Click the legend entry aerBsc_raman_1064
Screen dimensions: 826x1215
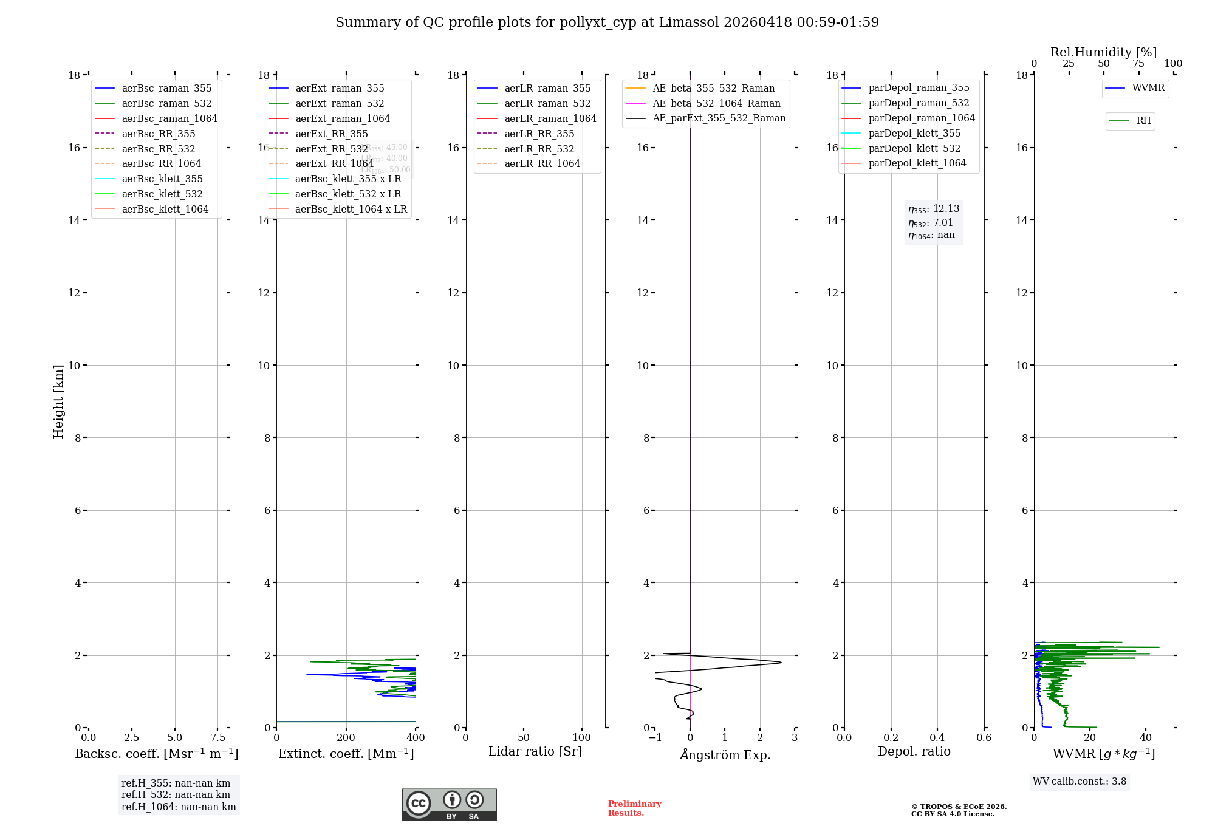169,118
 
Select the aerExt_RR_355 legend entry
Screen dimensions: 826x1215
331,134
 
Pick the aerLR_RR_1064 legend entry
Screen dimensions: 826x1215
542,163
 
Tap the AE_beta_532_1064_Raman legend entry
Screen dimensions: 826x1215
716,103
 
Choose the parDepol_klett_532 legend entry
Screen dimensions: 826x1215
914,148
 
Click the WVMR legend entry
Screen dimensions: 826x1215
1148,88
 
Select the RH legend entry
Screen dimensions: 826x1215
1143,121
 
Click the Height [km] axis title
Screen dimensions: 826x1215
58,401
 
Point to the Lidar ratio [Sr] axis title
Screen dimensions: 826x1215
535,751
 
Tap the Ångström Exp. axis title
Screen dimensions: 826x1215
725,754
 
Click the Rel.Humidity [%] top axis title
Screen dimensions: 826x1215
1103,52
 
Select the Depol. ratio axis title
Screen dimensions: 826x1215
914,751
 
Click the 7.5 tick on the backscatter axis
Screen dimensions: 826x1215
218,737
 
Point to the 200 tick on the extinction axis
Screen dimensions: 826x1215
346,737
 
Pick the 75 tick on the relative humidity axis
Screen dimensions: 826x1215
1138,64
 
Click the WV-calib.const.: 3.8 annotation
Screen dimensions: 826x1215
1080,781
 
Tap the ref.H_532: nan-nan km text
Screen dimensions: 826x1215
176,794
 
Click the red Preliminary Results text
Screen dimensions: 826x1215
634,808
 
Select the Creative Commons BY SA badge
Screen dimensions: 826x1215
449,804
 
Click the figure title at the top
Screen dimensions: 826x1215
607,22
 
